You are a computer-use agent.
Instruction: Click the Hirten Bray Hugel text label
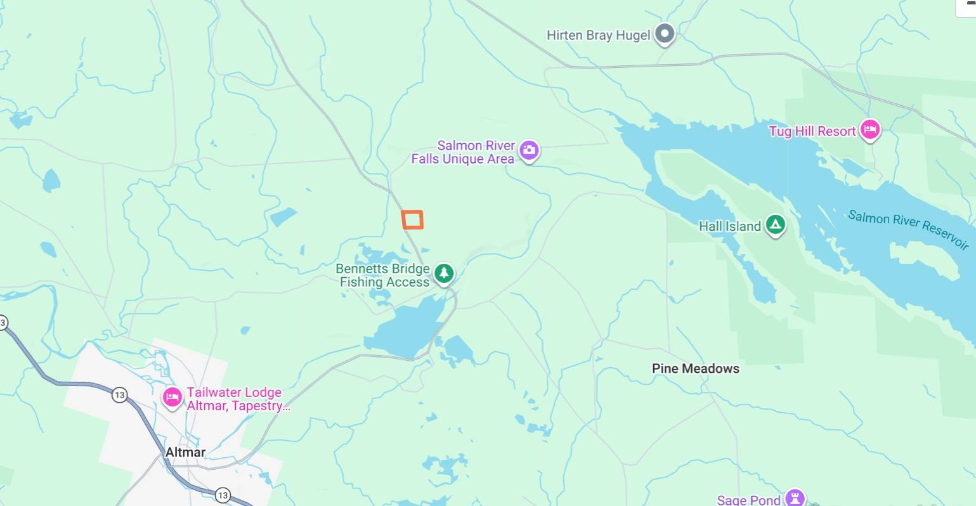point(598,36)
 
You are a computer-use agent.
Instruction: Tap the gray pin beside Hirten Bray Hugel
point(665,34)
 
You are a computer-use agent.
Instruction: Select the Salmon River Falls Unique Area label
point(462,152)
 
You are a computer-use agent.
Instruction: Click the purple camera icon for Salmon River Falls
point(529,150)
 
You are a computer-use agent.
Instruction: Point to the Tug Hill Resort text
point(812,131)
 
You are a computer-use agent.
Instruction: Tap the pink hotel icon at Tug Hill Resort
point(870,129)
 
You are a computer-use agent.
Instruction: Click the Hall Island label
point(729,226)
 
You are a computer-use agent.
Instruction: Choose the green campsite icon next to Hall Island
point(775,224)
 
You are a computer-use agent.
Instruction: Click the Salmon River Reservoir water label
point(908,230)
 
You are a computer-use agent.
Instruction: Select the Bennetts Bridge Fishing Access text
point(384,276)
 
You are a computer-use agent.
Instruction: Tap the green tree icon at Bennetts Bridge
point(444,273)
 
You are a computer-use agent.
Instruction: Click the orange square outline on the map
point(412,219)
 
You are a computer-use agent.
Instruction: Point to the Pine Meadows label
point(695,368)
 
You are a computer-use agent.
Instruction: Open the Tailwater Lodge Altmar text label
point(238,399)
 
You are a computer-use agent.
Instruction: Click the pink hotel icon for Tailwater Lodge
point(172,398)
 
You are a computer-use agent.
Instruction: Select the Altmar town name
point(185,452)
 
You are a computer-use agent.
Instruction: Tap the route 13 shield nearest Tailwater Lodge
point(119,395)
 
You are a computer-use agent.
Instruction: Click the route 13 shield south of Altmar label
point(222,495)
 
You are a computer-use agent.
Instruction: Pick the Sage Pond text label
point(748,500)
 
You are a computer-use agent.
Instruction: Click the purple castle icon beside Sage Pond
point(795,497)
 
